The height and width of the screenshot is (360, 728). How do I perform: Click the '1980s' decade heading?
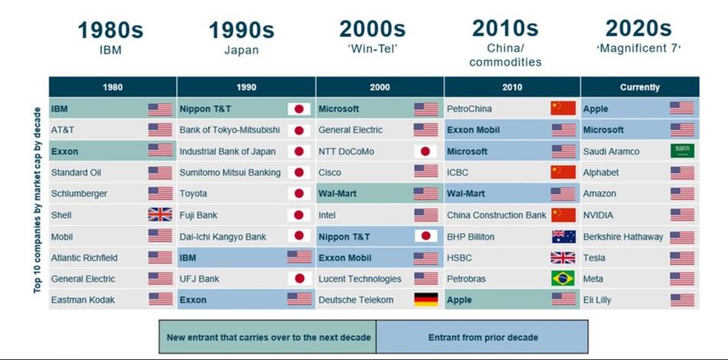click(x=111, y=31)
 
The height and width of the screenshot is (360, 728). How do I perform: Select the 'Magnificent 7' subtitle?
click(x=638, y=48)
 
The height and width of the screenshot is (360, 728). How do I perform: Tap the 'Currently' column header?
click(x=640, y=88)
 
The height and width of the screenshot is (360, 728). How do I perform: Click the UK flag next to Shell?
click(x=160, y=215)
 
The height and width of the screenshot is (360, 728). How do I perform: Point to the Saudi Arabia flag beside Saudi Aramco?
click(x=682, y=150)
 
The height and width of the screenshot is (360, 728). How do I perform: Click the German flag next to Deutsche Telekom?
click(x=425, y=299)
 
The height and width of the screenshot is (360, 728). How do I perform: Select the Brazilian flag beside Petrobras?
click(x=563, y=279)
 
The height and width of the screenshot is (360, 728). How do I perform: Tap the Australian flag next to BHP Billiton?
click(x=564, y=236)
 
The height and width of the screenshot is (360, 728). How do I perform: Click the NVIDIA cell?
click(x=640, y=215)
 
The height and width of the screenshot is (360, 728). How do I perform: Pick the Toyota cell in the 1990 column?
click(x=246, y=193)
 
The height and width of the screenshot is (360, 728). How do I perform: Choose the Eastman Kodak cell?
click(x=112, y=299)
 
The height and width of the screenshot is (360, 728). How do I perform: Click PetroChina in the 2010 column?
click(x=512, y=109)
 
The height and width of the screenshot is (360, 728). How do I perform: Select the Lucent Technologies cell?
click(x=380, y=279)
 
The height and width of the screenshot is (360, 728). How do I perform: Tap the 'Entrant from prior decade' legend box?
click(x=482, y=337)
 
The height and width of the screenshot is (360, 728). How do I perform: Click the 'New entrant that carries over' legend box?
click(x=268, y=337)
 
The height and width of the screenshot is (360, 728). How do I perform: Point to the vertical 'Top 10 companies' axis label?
click(x=38, y=200)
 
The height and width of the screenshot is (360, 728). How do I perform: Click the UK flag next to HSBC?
click(x=563, y=257)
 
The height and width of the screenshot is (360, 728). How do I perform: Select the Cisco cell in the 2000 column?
click(x=380, y=173)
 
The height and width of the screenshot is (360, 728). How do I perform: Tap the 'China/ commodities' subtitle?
click(x=505, y=55)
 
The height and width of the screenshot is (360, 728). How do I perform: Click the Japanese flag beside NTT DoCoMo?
click(x=425, y=151)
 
